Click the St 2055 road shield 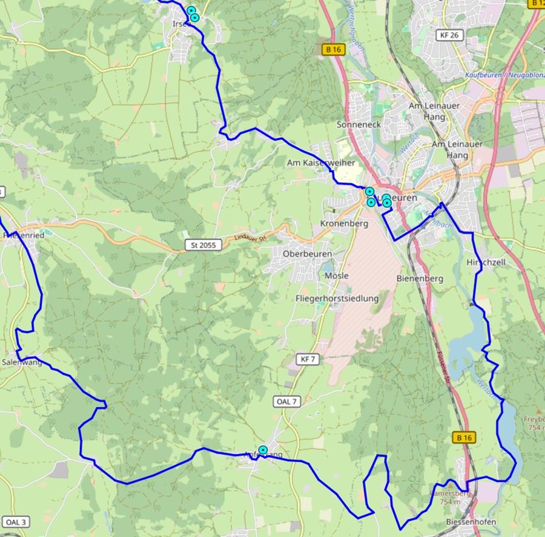pos(203,245)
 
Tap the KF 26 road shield pos(450,35)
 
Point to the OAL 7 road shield pos(286,402)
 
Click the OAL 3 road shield pos(15,522)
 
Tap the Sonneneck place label pos(358,124)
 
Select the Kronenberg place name pos(344,224)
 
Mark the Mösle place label pos(337,276)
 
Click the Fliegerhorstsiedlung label pos(337,298)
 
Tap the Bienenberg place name pos(420,279)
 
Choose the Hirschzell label pos(486,263)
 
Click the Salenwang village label pos(22,362)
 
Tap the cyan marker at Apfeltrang pos(263,450)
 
